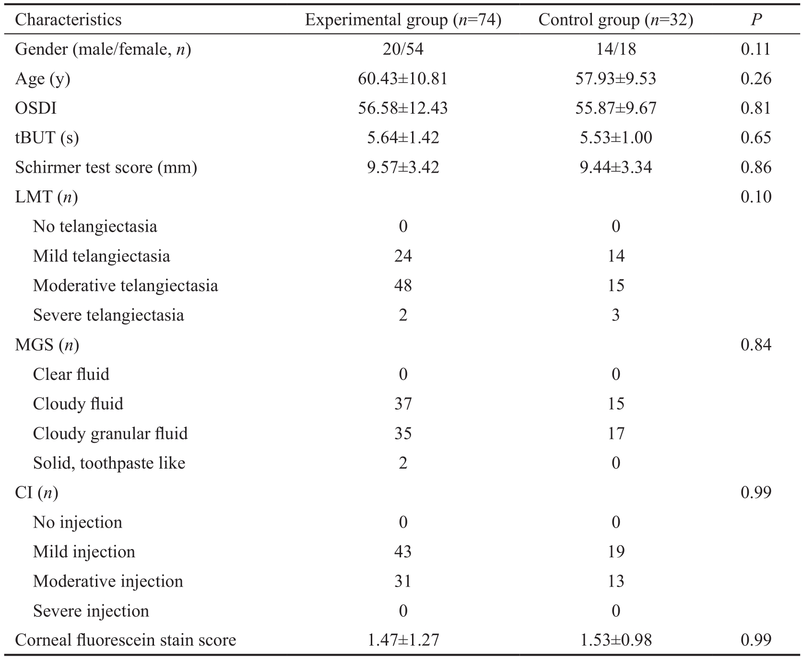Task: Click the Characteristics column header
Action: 68,20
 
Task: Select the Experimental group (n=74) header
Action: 403,20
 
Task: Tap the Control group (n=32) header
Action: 616,20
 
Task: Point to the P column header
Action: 756,20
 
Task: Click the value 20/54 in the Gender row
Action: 403,49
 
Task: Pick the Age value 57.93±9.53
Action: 616,79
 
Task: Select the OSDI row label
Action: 35,108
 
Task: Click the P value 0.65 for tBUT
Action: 756,138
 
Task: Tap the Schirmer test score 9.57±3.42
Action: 403,167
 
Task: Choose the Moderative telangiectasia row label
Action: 125,286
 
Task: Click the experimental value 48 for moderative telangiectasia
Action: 403,286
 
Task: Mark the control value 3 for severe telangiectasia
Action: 616,315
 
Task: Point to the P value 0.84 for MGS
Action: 756,345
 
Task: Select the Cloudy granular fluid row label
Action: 110,434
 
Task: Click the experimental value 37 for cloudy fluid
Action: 403,404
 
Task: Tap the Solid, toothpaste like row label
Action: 109,463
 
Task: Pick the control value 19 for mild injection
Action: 616,552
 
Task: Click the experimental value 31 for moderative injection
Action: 403,581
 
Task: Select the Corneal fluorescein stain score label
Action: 125,640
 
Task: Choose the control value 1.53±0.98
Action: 616,640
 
